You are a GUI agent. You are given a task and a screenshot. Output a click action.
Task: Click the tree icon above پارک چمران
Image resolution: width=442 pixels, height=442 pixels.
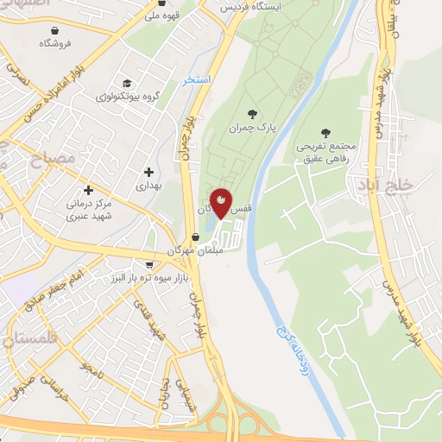pyautogui.click(x=251, y=113)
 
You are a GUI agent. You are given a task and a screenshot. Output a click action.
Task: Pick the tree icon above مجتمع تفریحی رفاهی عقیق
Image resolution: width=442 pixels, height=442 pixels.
pyautogui.click(x=325, y=132)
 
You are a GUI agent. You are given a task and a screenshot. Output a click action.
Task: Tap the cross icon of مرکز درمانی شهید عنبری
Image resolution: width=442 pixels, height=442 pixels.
pyautogui.click(x=87, y=190)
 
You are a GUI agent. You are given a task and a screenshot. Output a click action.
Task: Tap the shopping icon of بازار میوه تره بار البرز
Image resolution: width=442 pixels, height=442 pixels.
pyautogui.click(x=148, y=265)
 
